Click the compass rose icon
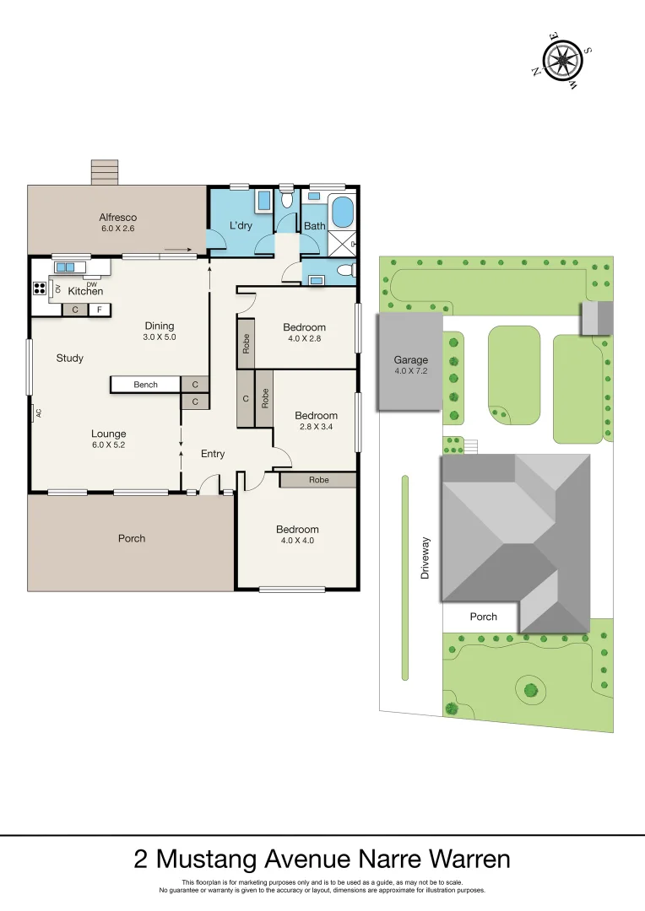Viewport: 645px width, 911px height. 561,60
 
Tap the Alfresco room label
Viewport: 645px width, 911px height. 117,218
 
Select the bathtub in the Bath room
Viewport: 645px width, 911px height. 342,212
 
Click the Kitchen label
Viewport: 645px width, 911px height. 85,291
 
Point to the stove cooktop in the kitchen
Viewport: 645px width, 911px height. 39,288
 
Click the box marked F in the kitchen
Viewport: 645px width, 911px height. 100,310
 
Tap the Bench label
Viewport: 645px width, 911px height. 145,385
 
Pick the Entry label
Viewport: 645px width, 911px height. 213,454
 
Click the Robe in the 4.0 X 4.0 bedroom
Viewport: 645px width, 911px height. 318,479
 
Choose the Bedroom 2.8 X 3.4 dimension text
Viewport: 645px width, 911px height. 316,428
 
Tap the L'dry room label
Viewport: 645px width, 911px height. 241,225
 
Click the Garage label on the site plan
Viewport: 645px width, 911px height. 409,360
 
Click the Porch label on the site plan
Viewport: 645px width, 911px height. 483,617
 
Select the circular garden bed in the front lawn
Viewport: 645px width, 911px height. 530,690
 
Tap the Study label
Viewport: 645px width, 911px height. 70,358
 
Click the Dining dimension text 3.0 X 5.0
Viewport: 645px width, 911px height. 159,337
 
